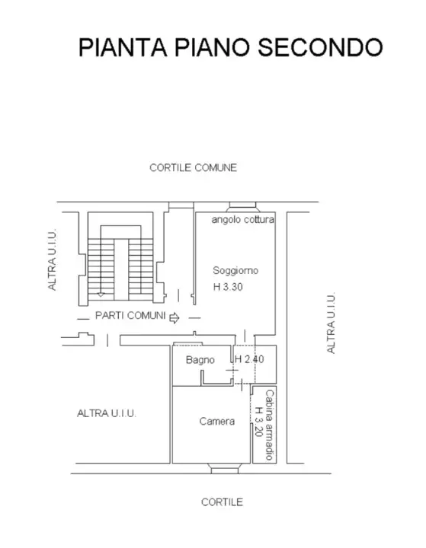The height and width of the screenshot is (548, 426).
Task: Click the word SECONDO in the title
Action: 320,47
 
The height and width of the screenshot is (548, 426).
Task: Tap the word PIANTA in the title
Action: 123,47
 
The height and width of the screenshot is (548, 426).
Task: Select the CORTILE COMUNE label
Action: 194,167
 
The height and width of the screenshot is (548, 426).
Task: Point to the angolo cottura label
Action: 242,219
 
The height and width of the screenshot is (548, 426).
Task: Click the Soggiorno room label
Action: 235,270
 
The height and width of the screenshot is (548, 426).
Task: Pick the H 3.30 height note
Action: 228,287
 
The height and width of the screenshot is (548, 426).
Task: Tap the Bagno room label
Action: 200,359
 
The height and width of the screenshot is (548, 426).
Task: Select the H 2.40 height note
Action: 249,359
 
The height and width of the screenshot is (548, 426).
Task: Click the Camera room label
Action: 217,421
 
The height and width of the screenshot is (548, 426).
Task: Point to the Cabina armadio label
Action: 270,425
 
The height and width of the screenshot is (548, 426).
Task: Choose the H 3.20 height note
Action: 258,422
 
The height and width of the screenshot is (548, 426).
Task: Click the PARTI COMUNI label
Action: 130,316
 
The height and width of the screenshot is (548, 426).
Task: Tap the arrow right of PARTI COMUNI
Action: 175,318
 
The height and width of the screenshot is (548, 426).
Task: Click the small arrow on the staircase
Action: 101,294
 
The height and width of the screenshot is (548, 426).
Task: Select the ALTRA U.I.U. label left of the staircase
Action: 52,260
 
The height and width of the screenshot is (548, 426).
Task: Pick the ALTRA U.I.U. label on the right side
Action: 331,323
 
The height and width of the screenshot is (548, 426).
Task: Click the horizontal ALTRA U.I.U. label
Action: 107,413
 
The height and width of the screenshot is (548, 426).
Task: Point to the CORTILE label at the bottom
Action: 222,502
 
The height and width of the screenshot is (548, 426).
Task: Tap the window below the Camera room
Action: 224,469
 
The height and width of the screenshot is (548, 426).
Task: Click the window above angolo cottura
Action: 242,207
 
